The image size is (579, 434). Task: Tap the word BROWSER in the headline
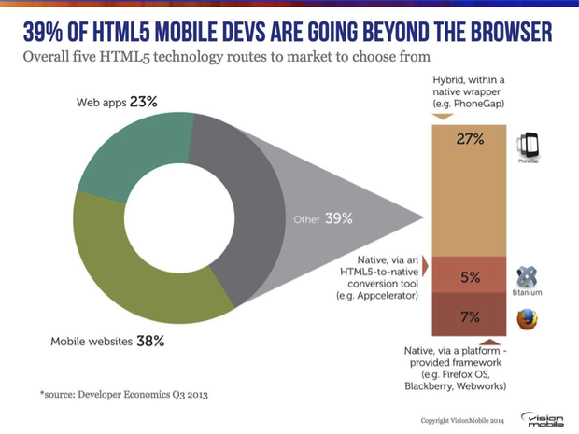pyautogui.click(x=508, y=33)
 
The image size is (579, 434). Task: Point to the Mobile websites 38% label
pyautogui.click(x=107, y=342)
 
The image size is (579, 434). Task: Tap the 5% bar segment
pyautogui.click(x=470, y=277)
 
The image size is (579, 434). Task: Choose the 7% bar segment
pyautogui.click(x=470, y=317)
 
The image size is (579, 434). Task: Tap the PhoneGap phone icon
pyautogui.click(x=528, y=146)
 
